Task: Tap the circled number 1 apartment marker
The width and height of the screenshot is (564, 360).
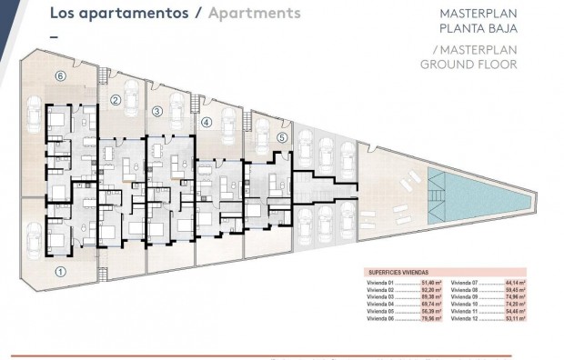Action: coord(60,270)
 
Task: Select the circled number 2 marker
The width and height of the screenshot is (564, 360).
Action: coord(116,100)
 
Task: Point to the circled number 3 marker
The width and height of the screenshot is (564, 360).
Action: coord(156,111)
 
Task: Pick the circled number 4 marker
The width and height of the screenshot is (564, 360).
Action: coord(206,121)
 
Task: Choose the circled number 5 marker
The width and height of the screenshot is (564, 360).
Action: coord(282,137)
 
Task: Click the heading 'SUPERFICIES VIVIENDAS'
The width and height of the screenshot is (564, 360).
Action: coord(399,272)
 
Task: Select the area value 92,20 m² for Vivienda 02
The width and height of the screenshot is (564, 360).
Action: coord(431,290)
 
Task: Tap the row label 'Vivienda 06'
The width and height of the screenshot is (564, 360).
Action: coord(381,319)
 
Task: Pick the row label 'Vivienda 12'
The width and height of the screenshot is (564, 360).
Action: coord(465,319)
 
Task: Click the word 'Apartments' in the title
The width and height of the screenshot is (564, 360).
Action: coord(254,14)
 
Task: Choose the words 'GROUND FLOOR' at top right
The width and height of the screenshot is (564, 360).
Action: coord(468,64)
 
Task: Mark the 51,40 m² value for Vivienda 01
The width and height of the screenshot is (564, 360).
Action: coord(431,283)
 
